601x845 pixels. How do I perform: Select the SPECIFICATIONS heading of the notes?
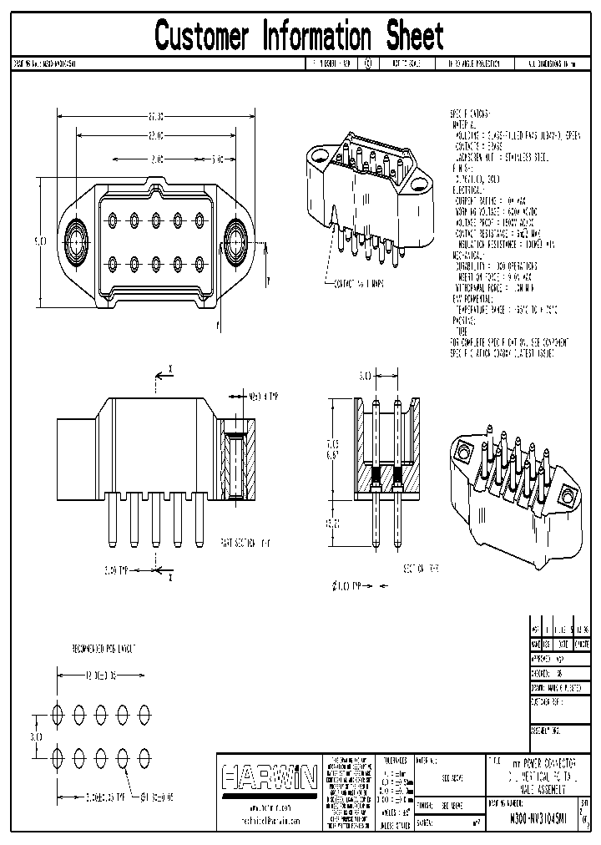(470, 114)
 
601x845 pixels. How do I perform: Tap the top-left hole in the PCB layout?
(58, 714)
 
